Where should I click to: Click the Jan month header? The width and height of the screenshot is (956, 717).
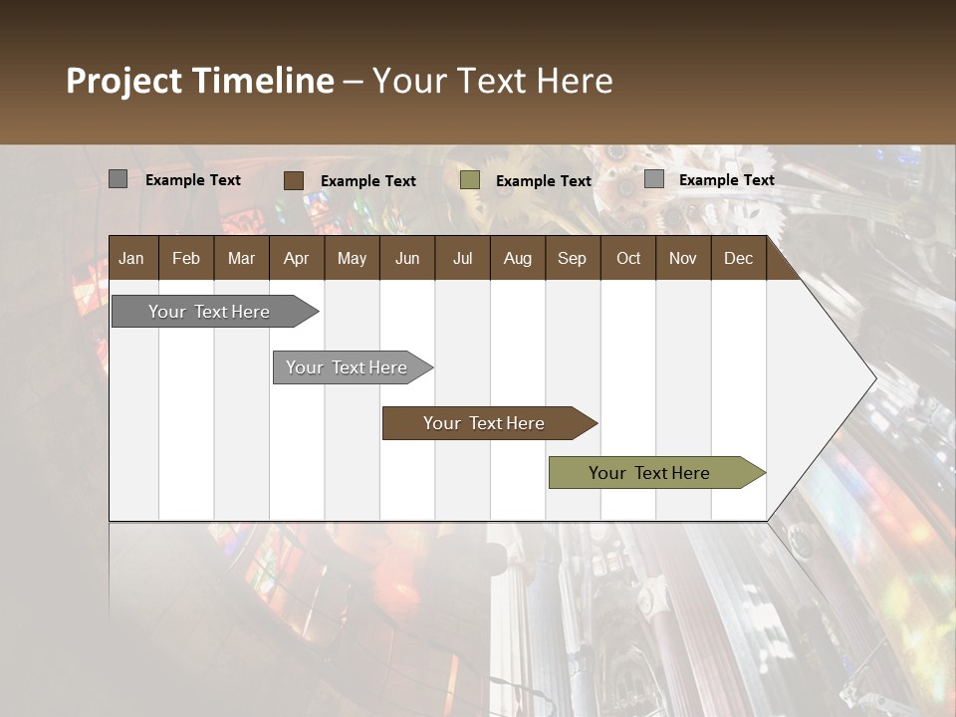[x=131, y=258]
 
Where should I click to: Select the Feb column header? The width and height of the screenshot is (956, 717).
[x=186, y=258]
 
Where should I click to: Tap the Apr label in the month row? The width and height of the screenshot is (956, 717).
[x=296, y=258]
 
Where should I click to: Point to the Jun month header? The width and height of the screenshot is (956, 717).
[x=407, y=258]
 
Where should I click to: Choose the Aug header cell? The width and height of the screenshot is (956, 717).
[x=517, y=258]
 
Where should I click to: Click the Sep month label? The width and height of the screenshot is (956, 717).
[x=572, y=258]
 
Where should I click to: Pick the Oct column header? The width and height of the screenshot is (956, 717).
[x=628, y=258]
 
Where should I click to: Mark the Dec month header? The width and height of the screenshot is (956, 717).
[x=738, y=258]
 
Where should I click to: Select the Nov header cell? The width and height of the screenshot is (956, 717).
[x=683, y=258]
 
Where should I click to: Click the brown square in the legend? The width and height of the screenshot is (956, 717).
[x=293, y=180]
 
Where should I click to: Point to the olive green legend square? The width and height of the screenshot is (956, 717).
[x=470, y=180]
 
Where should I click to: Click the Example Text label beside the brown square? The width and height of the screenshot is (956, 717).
[x=368, y=181]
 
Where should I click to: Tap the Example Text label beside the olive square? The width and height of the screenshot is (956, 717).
[x=544, y=181]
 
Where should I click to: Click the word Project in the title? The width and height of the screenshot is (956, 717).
[x=124, y=81]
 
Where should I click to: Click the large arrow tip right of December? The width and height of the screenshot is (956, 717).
[x=836, y=378]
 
